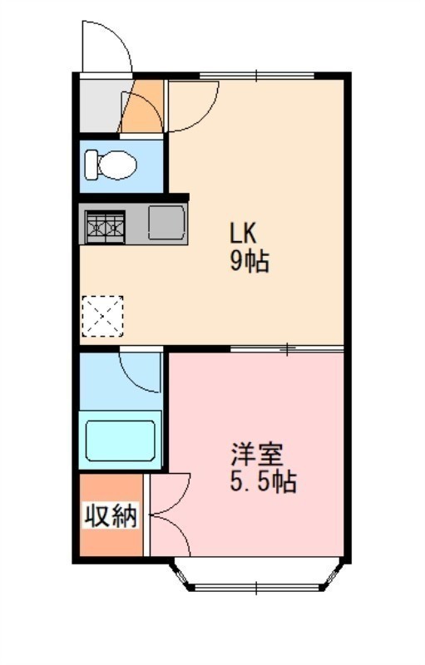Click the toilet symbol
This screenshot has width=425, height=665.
pyautogui.click(x=110, y=165)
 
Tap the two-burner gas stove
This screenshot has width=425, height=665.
pyautogui.click(x=105, y=227)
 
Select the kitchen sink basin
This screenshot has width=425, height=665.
pyautogui.click(x=167, y=222)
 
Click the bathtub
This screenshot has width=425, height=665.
pyautogui.click(x=121, y=441)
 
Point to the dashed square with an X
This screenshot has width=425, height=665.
pyautogui.click(x=102, y=317)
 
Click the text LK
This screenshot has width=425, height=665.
pyautogui.click(x=243, y=233)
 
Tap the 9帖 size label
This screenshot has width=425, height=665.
pyautogui.click(x=250, y=261)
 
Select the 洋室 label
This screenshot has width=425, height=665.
pyautogui.click(x=257, y=454)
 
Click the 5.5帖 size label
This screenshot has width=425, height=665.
pyautogui.click(x=263, y=481)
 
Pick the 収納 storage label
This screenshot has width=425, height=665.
pyautogui.click(x=111, y=515)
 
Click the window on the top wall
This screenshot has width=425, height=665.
pyautogui.click(x=257, y=76)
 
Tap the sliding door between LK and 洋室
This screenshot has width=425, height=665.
pyautogui.click(x=287, y=349)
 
